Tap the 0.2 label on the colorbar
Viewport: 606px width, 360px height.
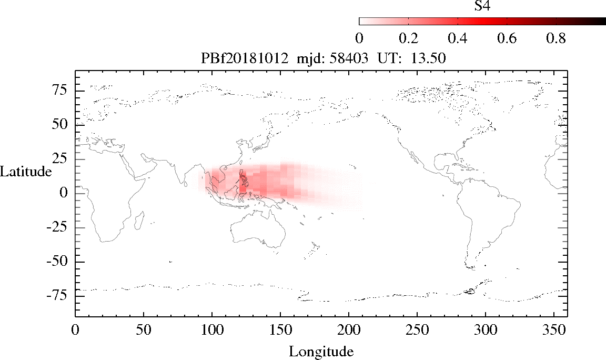click(x=408, y=38)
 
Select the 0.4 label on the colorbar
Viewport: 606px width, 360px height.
click(x=458, y=38)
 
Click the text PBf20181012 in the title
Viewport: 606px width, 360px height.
click(x=245, y=59)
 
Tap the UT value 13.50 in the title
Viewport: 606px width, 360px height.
click(x=431, y=59)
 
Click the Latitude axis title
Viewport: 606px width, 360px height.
click(x=26, y=172)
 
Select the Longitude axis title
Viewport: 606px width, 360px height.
click(x=321, y=351)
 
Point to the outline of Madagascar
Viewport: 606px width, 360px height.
click(x=140, y=220)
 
